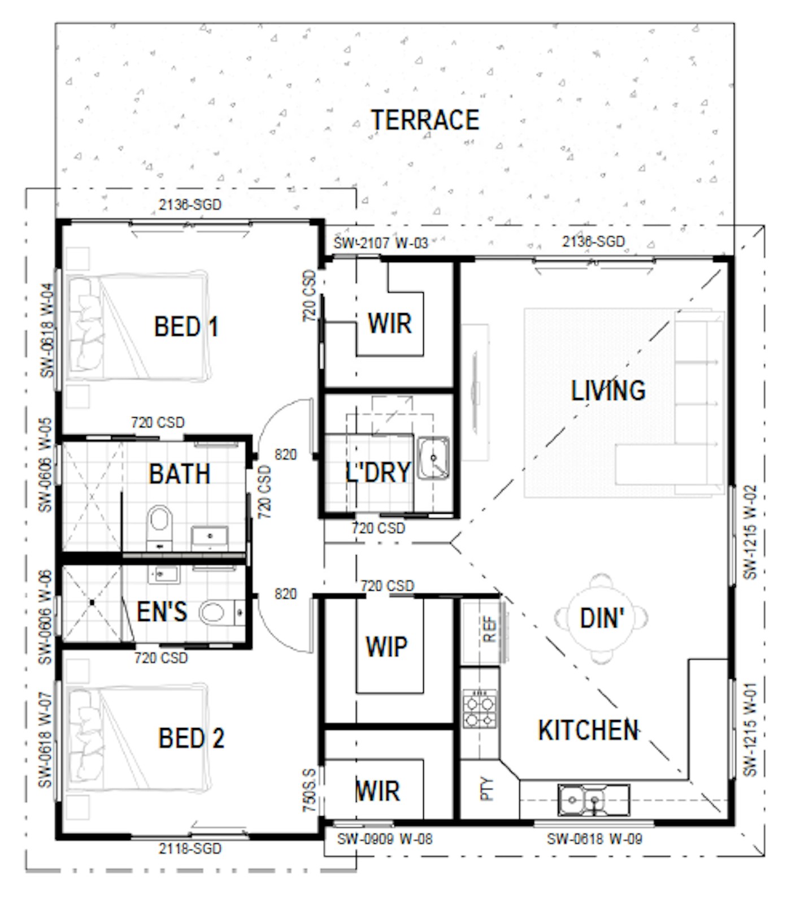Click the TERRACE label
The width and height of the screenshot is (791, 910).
[425, 120]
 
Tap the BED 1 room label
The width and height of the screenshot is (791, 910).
[186, 327]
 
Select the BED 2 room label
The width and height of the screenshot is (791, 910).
[191, 738]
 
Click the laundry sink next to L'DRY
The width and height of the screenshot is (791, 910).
[433, 458]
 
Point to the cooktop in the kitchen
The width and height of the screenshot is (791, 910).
[480, 709]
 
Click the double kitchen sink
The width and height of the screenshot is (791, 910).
[593, 800]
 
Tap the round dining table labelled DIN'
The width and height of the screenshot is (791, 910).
[601, 618]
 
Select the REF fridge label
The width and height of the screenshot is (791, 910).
[490, 629]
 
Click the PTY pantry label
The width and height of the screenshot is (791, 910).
[487, 789]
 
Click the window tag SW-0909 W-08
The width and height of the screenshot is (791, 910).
[385, 839]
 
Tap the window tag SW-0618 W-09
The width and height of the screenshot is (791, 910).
[594, 839]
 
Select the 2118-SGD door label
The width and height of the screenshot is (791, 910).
[190, 848]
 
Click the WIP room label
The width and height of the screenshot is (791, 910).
[386, 647]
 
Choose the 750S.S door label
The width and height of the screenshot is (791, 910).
[309, 790]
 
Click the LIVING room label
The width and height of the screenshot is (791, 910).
[608, 391]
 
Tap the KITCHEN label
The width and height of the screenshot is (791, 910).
[588, 730]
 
